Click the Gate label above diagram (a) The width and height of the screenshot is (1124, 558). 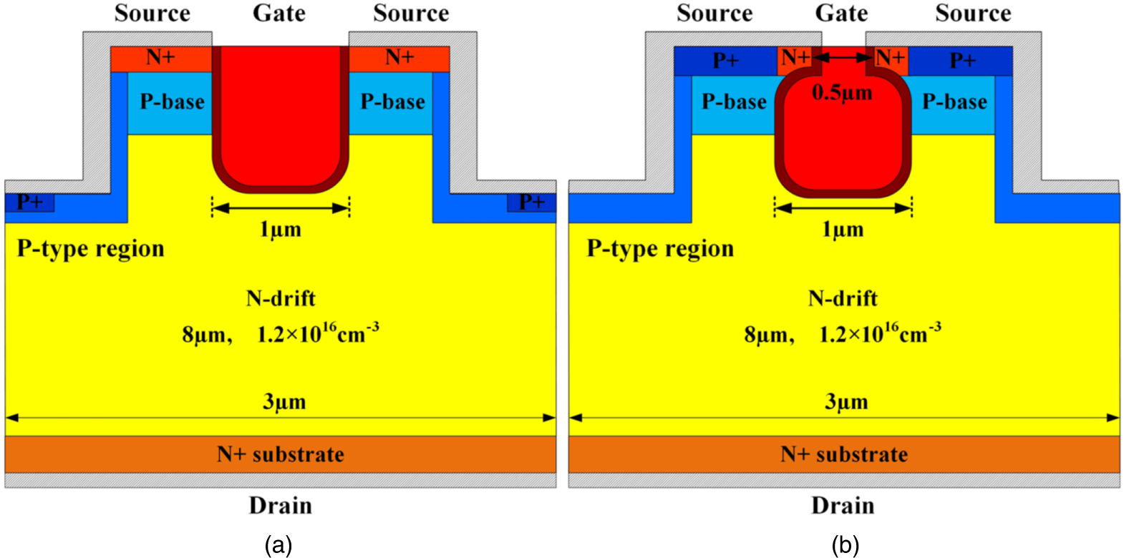(x=279, y=14)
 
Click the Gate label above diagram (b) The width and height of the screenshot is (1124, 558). (x=841, y=14)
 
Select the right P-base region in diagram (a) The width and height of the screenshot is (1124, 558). (x=392, y=102)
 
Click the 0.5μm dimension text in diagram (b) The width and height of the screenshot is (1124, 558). (x=842, y=93)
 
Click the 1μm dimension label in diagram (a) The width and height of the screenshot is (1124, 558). (x=280, y=230)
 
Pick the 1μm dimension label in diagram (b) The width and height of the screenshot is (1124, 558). (x=843, y=230)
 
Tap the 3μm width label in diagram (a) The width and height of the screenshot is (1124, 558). (x=284, y=402)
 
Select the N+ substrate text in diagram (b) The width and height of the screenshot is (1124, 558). (x=844, y=454)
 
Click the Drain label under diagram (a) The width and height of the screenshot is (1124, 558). (x=280, y=506)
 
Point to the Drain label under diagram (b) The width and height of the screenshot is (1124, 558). (x=843, y=506)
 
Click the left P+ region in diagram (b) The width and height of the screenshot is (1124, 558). (x=725, y=61)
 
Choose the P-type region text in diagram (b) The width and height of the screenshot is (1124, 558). (x=660, y=248)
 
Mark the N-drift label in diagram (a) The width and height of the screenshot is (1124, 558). (x=281, y=298)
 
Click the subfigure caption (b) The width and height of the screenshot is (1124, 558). (x=845, y=546)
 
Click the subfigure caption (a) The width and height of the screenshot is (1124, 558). (x=278, y=546)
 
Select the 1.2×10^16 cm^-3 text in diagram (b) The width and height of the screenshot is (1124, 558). (x=879, y=333)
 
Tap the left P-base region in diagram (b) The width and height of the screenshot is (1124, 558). (x=733, y=102)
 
